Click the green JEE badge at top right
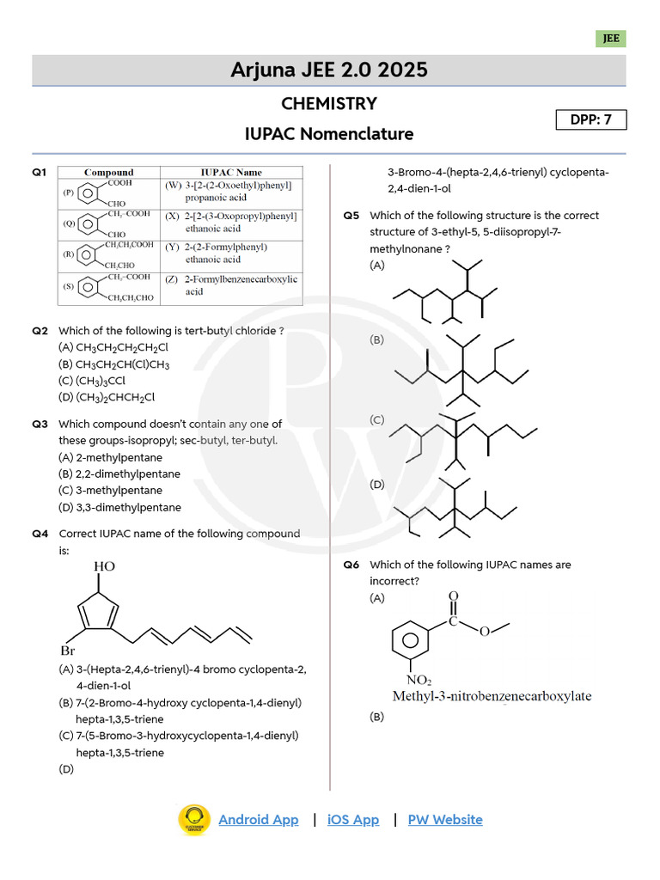[x=610, y=39]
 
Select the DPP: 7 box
[x=591, y=119]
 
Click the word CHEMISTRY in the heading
[x=329, y=104]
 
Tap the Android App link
[x=259, y=819]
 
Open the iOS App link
[x=353, y=819]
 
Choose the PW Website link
[x=445, y=819]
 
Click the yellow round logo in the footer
[x=194, y=820]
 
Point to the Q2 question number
[x=40, y=331]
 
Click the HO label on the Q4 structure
[x=104, y=567]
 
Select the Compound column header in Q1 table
[x=108, y=173]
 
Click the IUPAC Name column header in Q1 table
[x=231, y=173]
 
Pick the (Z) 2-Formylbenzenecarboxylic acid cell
[x=232, y=285]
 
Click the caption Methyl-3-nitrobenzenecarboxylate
[x=492, y=696]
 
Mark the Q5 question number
[x=351, y=216]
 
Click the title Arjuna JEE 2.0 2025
[x=329, y=70]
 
